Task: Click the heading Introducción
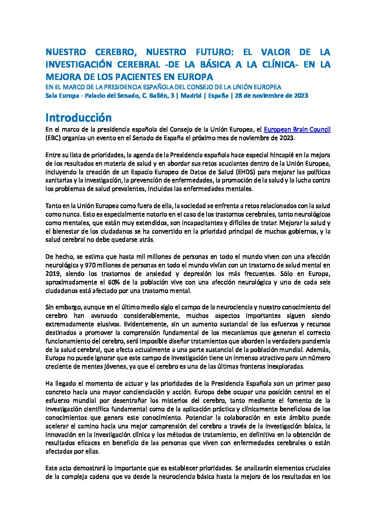point(79,118)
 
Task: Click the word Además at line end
point(319,349)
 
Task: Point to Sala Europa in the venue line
point(62,96)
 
